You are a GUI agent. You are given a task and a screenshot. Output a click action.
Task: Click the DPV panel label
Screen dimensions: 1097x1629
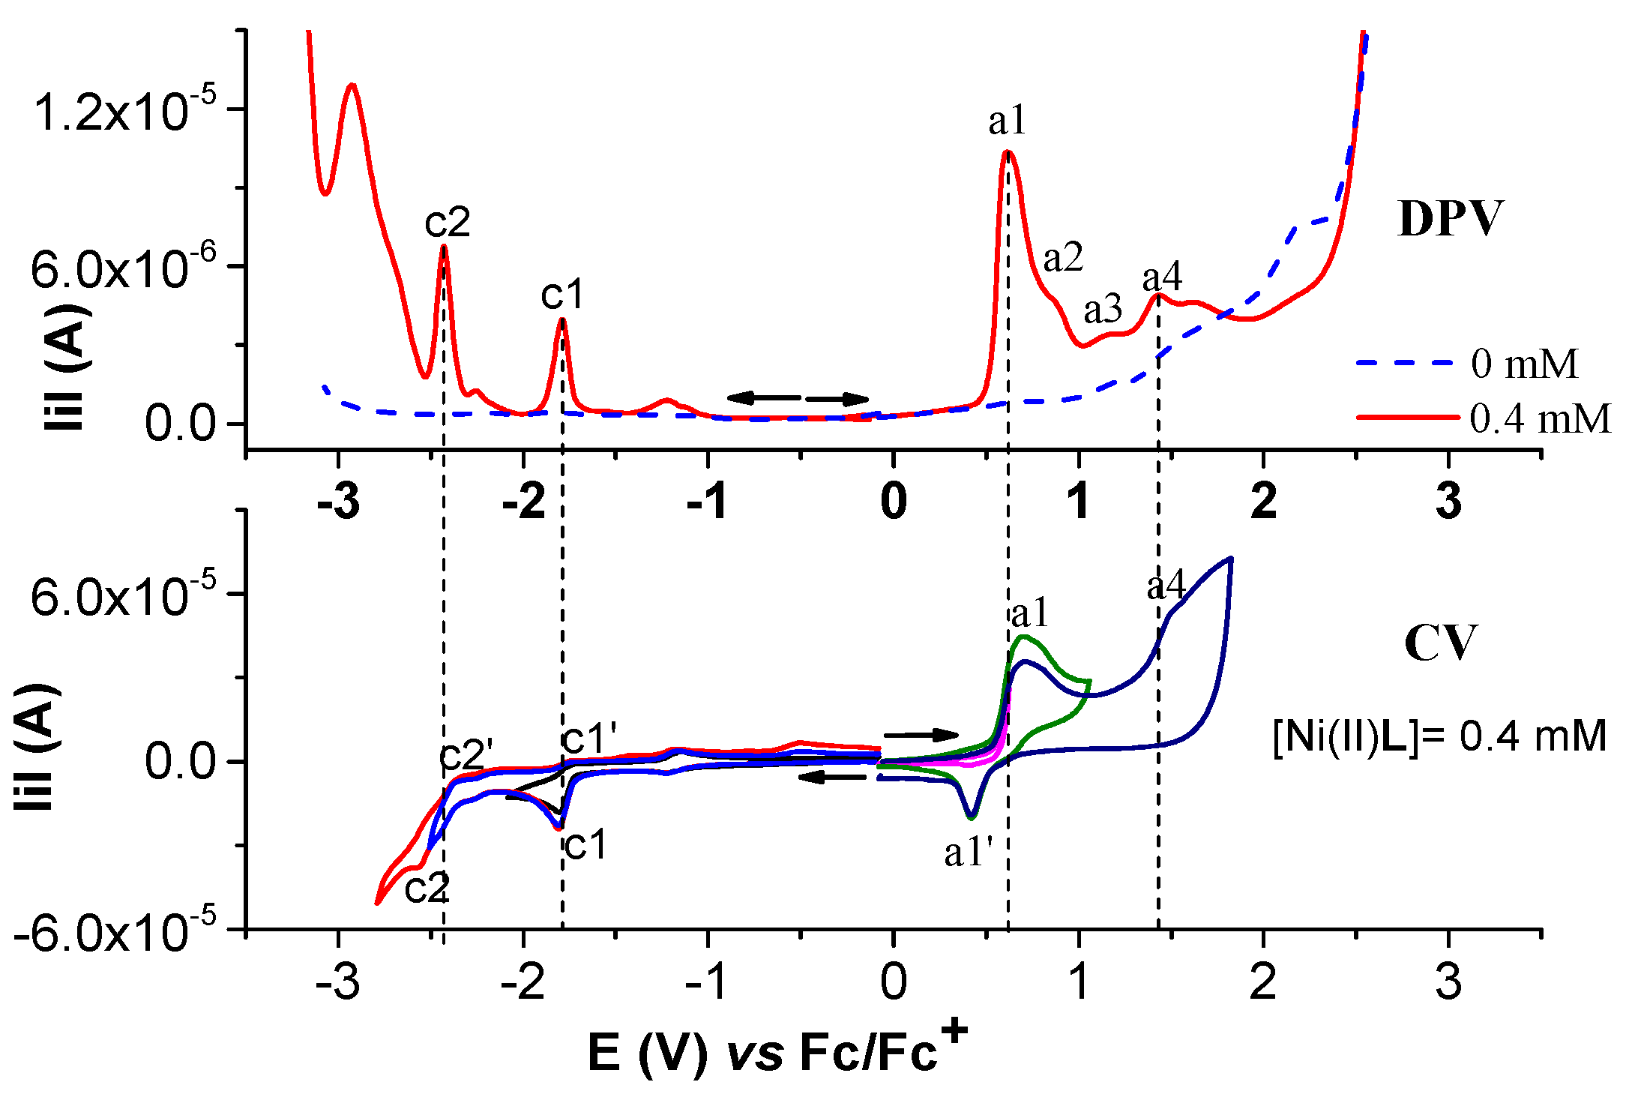[x=1450, y=219]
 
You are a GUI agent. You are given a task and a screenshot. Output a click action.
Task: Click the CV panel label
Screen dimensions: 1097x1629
[x=1440, y=643]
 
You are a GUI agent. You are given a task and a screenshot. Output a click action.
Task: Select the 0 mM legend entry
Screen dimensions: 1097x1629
[x=1524, y=364]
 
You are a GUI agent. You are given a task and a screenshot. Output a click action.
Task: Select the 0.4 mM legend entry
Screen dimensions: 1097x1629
[x=1539, y=418]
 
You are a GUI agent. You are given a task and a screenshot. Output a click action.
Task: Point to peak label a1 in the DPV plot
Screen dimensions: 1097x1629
[x=1006, y=121]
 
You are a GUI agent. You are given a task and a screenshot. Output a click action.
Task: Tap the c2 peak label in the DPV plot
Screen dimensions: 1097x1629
[x=447, y=222]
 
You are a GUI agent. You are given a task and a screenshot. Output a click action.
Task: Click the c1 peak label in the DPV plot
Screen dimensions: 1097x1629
[x=561, y=295]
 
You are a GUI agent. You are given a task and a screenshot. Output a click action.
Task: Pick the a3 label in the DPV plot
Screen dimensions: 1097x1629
[x=1103, y=309]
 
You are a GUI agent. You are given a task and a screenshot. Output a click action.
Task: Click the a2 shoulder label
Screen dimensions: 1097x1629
[x=1063, y=259]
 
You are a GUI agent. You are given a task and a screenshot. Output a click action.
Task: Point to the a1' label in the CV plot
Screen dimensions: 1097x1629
[x=969, y=853]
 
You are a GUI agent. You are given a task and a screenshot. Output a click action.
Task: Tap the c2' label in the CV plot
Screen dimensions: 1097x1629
[x=466, y=754]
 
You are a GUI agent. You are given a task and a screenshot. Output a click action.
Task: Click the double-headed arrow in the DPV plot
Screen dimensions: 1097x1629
[x=798, y=398]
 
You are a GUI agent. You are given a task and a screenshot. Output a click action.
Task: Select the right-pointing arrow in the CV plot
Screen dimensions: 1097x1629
[x=921, y=734]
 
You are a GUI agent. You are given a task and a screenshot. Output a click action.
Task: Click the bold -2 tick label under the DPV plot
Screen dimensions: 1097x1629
[x=523, y=502]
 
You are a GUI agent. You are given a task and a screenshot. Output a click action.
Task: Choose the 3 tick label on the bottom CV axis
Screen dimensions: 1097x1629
[x=1448, y=981]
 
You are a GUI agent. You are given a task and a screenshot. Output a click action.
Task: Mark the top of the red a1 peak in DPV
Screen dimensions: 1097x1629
[x=1007, y=151]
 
